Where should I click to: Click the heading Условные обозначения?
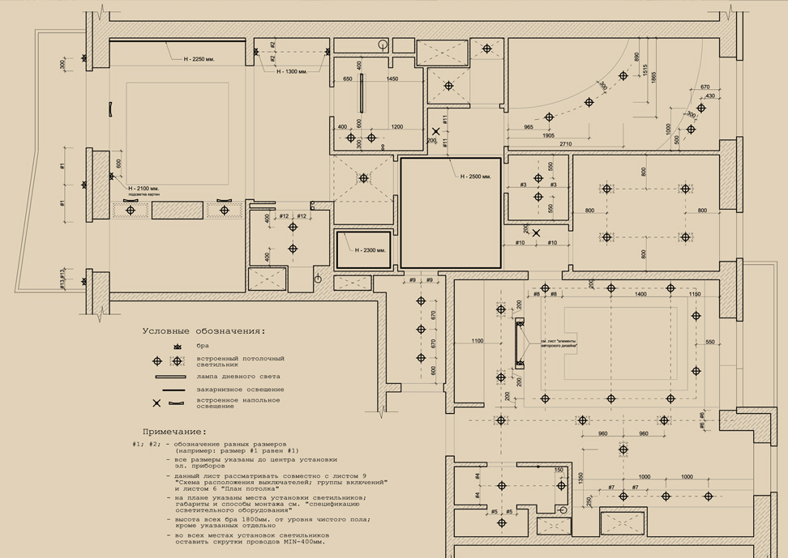click(203, 331)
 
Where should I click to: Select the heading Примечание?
click(174, 432)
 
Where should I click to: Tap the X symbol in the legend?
click(156, 403)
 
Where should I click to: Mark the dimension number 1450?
click(392, 79)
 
